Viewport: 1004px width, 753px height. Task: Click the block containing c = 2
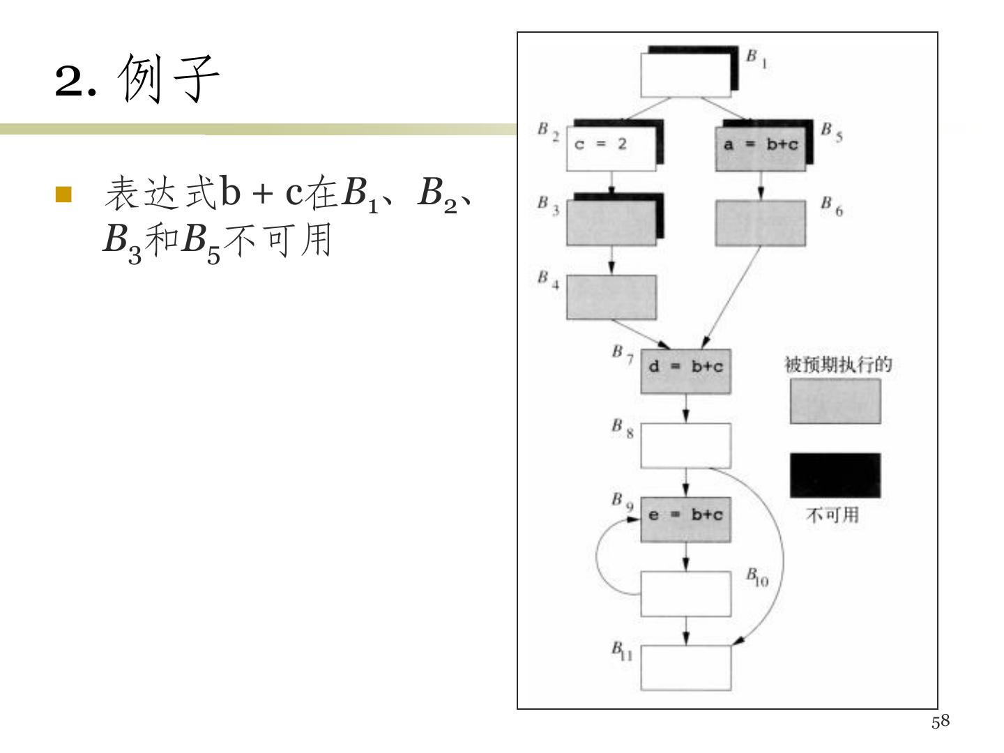(x=611, y=148)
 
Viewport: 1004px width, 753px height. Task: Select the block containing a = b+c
(x=760, y=149)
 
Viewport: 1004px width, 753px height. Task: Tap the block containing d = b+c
(x=685, y=371)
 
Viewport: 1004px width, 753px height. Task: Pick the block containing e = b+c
(x=685, y=519)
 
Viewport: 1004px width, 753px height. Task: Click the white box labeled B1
(x=685, y=75)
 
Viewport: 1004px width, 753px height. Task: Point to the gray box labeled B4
(x=611, y=297)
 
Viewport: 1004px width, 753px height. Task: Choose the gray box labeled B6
(x=760, y=223)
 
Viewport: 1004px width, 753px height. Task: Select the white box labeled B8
(x=685, y=446)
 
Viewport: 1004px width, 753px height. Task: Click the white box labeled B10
(x=685, y=594)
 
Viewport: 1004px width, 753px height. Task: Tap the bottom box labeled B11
(x=685, y=668)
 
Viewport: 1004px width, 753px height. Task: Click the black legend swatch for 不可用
(x=835, y=476)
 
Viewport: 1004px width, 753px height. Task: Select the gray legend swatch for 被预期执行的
(x=835, y=401)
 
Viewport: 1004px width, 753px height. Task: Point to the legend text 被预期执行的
(x=838, y=365)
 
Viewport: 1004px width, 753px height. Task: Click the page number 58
(x=940, y=722)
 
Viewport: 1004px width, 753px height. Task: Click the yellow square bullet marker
(x=63, y=194)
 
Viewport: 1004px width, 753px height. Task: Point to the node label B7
(x=622, y=354)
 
